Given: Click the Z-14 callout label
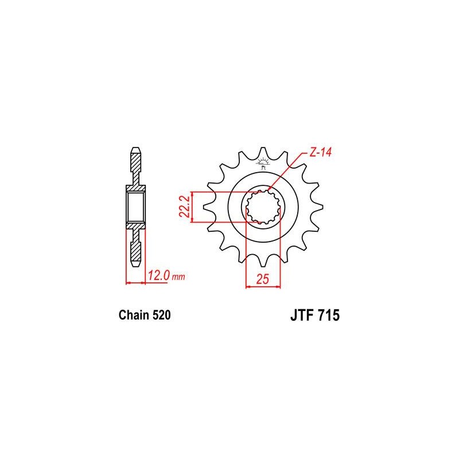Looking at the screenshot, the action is tap(320, 153).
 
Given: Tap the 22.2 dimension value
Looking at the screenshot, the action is tap(184, 207).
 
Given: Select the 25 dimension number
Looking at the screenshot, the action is tap(262, 279).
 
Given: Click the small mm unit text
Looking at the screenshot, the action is tap(178, 277).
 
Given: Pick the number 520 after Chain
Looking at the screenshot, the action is tap(161, 315).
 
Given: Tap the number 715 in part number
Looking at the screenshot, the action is tap(329, 316).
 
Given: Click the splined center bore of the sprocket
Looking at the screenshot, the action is tap(263, 207).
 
